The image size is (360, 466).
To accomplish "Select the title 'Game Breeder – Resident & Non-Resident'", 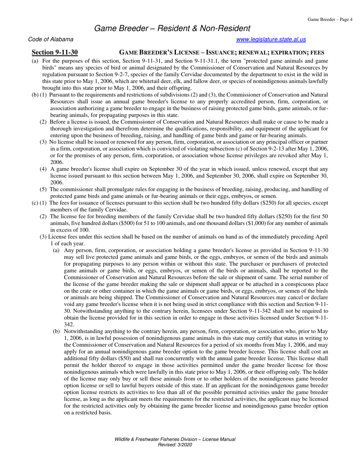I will pyautogui.click(x=172, y=28).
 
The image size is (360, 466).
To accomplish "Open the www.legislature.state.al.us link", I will pyautogui.click(x=271, y=39).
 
